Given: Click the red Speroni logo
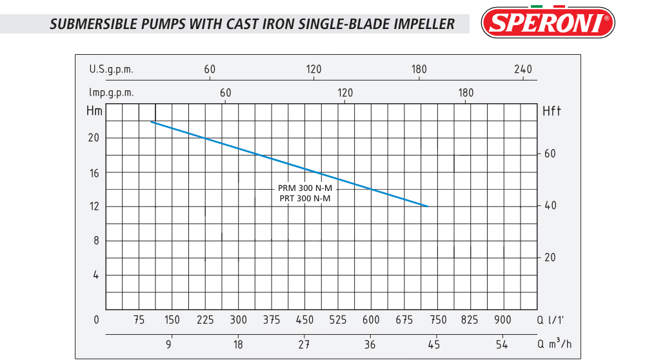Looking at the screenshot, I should [x=548, y=23].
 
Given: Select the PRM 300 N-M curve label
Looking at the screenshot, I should [x=304, y=188].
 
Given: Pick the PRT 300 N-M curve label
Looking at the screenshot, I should [x=304, y=198].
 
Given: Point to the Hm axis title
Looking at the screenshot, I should [x=94, y=111].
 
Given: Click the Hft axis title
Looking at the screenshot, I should [x=552, y=111].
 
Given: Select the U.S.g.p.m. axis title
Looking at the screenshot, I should [x=111, y=70].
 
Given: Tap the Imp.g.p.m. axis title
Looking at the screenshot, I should [x=112, y=93].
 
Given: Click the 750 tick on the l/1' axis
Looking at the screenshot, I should [x=437, y=320].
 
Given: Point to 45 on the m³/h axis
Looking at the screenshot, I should [x=434, y=344].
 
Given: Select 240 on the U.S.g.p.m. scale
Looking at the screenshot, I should [x=522, y=70].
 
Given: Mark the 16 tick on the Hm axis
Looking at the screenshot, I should [x=95, y=172].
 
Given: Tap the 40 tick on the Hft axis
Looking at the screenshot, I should [x=550, y=206].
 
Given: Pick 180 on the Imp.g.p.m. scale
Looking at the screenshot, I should [x=466, y=93].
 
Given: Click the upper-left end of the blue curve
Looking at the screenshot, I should [x=152, y=121].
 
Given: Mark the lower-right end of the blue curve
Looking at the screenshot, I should [x=428, y=206].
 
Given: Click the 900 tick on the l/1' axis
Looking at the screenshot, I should [x=502, y=320].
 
